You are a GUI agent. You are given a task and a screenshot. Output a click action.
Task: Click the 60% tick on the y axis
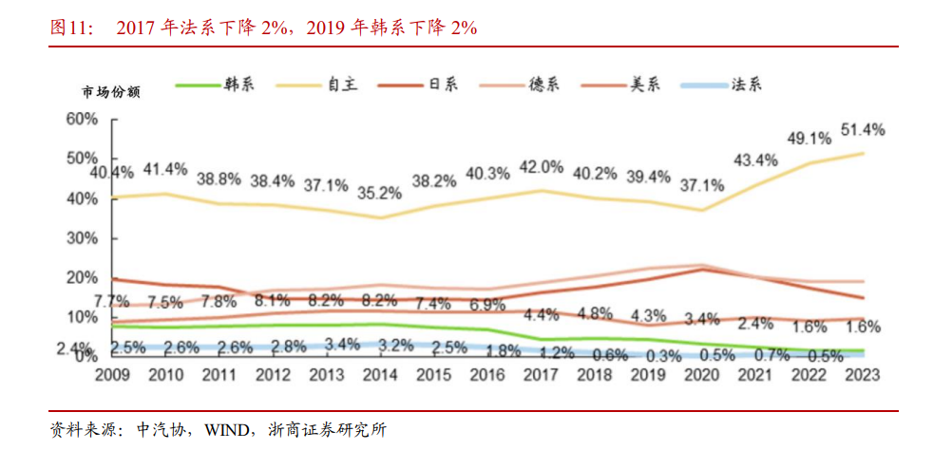82,119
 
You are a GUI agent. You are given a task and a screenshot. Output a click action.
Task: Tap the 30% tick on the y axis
82,237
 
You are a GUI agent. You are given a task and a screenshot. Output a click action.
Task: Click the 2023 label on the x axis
862,375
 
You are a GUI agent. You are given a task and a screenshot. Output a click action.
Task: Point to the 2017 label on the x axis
541,375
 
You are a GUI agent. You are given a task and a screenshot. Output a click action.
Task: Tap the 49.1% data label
809,139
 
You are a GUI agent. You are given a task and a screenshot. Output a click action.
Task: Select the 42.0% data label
540,167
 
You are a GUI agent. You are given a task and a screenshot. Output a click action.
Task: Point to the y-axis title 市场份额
112,92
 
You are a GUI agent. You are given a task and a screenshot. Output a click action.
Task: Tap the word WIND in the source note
223,430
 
